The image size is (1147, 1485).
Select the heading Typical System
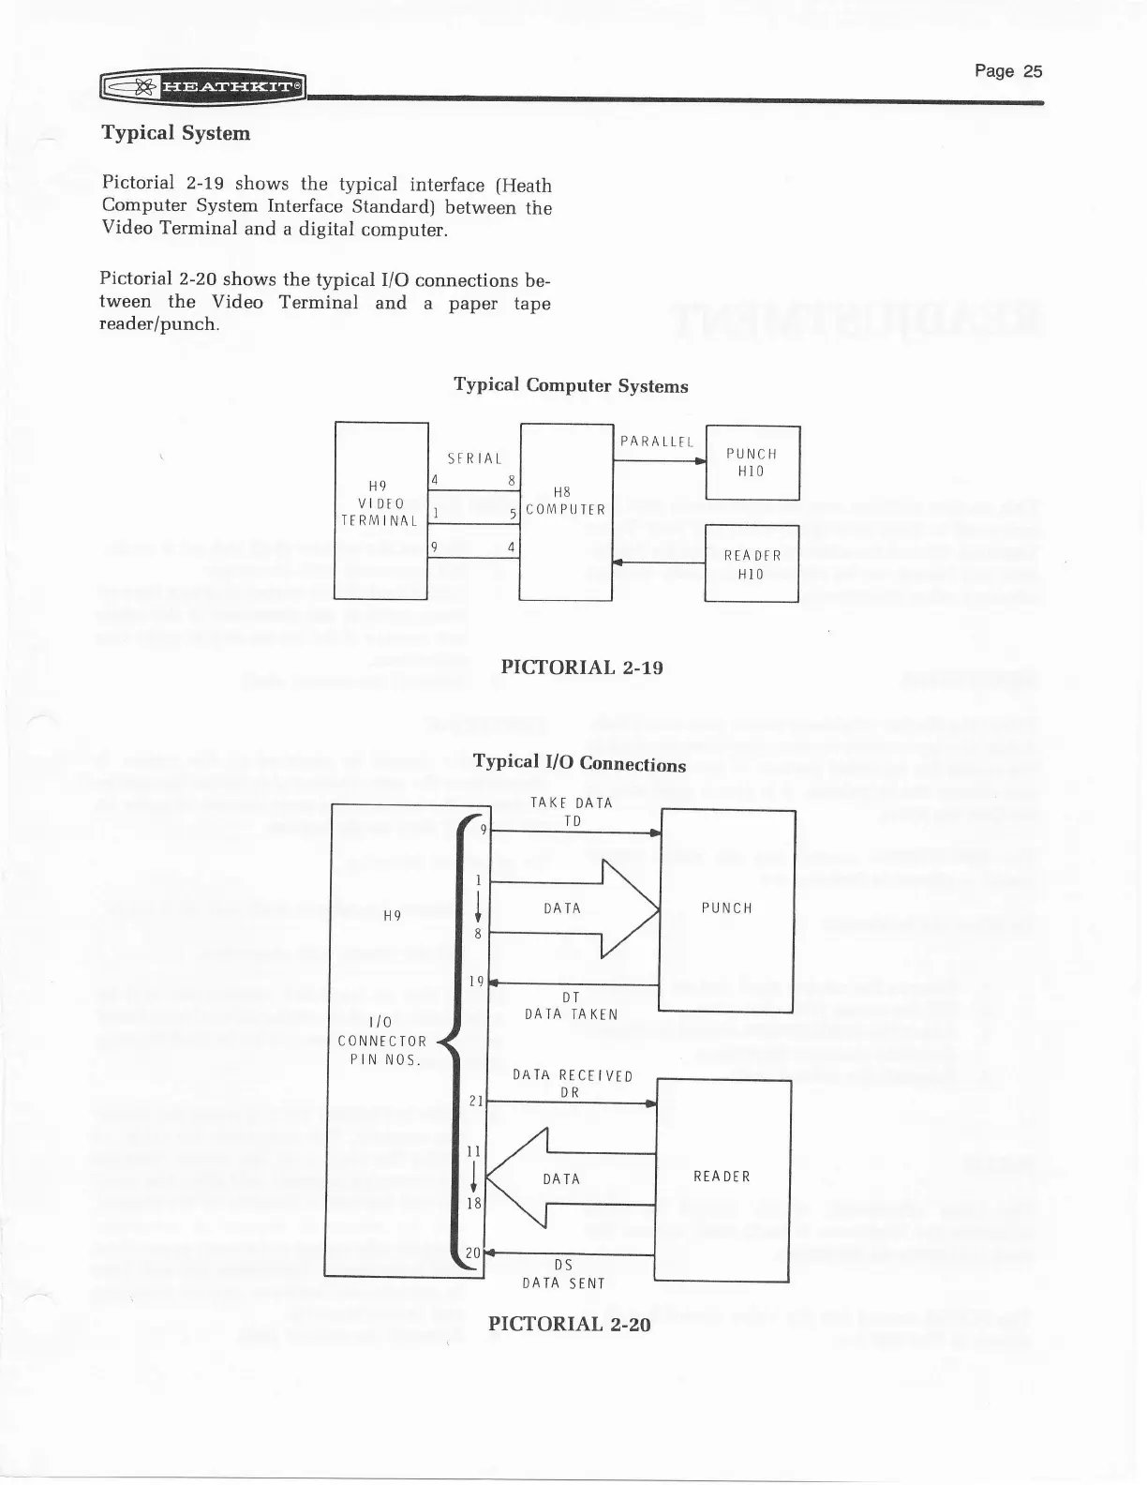point(176,133)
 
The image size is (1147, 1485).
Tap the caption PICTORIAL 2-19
point(582,667)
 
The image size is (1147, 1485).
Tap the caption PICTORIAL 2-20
point(569,1324)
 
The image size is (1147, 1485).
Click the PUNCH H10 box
point(752,462)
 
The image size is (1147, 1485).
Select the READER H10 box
point(752,563)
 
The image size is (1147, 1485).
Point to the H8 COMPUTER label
point(565,502)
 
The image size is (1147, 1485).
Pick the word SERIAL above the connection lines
point(474,458)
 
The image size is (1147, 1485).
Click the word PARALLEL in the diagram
point(656,442)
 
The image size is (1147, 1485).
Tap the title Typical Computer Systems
point(571,385)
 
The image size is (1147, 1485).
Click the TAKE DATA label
point(572,802)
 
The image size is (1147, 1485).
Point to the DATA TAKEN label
point(572,1013)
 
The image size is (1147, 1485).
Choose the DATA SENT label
point(563,1283)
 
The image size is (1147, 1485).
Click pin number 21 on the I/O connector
point(474,1102)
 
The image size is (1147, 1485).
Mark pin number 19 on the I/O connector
point(475,982)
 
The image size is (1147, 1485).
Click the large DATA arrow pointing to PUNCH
point(572,907)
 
